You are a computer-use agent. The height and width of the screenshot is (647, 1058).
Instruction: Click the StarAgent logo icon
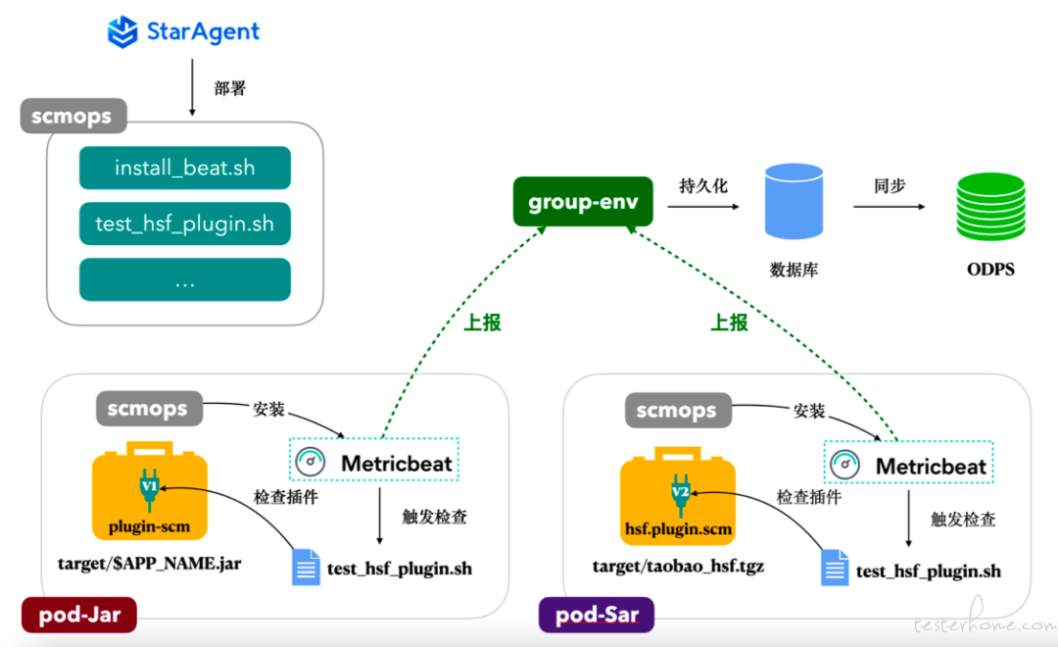click(x=122, y=31)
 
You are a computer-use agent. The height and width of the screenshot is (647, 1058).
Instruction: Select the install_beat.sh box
click(x=185, y=168)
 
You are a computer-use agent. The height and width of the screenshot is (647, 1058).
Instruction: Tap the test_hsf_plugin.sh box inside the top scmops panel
click(x=185, y=224)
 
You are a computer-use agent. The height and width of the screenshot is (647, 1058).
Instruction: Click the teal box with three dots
click(x=185, y=279)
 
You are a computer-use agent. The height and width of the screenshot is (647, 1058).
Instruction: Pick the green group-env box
click(x=583, y=201)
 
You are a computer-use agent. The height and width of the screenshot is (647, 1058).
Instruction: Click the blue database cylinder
click(x=793, y=201)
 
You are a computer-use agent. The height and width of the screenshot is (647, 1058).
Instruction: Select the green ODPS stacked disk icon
click(x=990, y=207)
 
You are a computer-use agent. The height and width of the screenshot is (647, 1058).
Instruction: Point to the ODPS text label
click(x=990, y=270)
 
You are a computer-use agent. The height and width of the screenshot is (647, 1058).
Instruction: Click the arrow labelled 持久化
click(x=703, y=207)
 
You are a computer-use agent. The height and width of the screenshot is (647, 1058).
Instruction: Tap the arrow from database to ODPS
click(x=890, y=207)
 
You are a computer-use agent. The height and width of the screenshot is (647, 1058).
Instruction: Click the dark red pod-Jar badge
click(x=79, y=615)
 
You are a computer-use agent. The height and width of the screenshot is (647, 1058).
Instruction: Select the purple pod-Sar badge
click(x=597, y=615)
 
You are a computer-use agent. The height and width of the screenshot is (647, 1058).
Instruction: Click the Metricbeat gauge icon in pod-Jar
click(x=311, y=462)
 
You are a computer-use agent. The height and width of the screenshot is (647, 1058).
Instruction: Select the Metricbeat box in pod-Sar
click(x=908, y=463)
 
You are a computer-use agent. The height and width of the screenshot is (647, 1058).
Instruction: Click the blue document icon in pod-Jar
click(x=306, y=568)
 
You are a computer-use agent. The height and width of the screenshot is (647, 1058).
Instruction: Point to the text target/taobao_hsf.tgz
click(x=678, y=566)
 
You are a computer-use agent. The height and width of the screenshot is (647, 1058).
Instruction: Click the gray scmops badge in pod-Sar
click(x=678, y=410)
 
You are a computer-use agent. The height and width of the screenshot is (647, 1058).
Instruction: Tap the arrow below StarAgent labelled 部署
click(x=192, y=87)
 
